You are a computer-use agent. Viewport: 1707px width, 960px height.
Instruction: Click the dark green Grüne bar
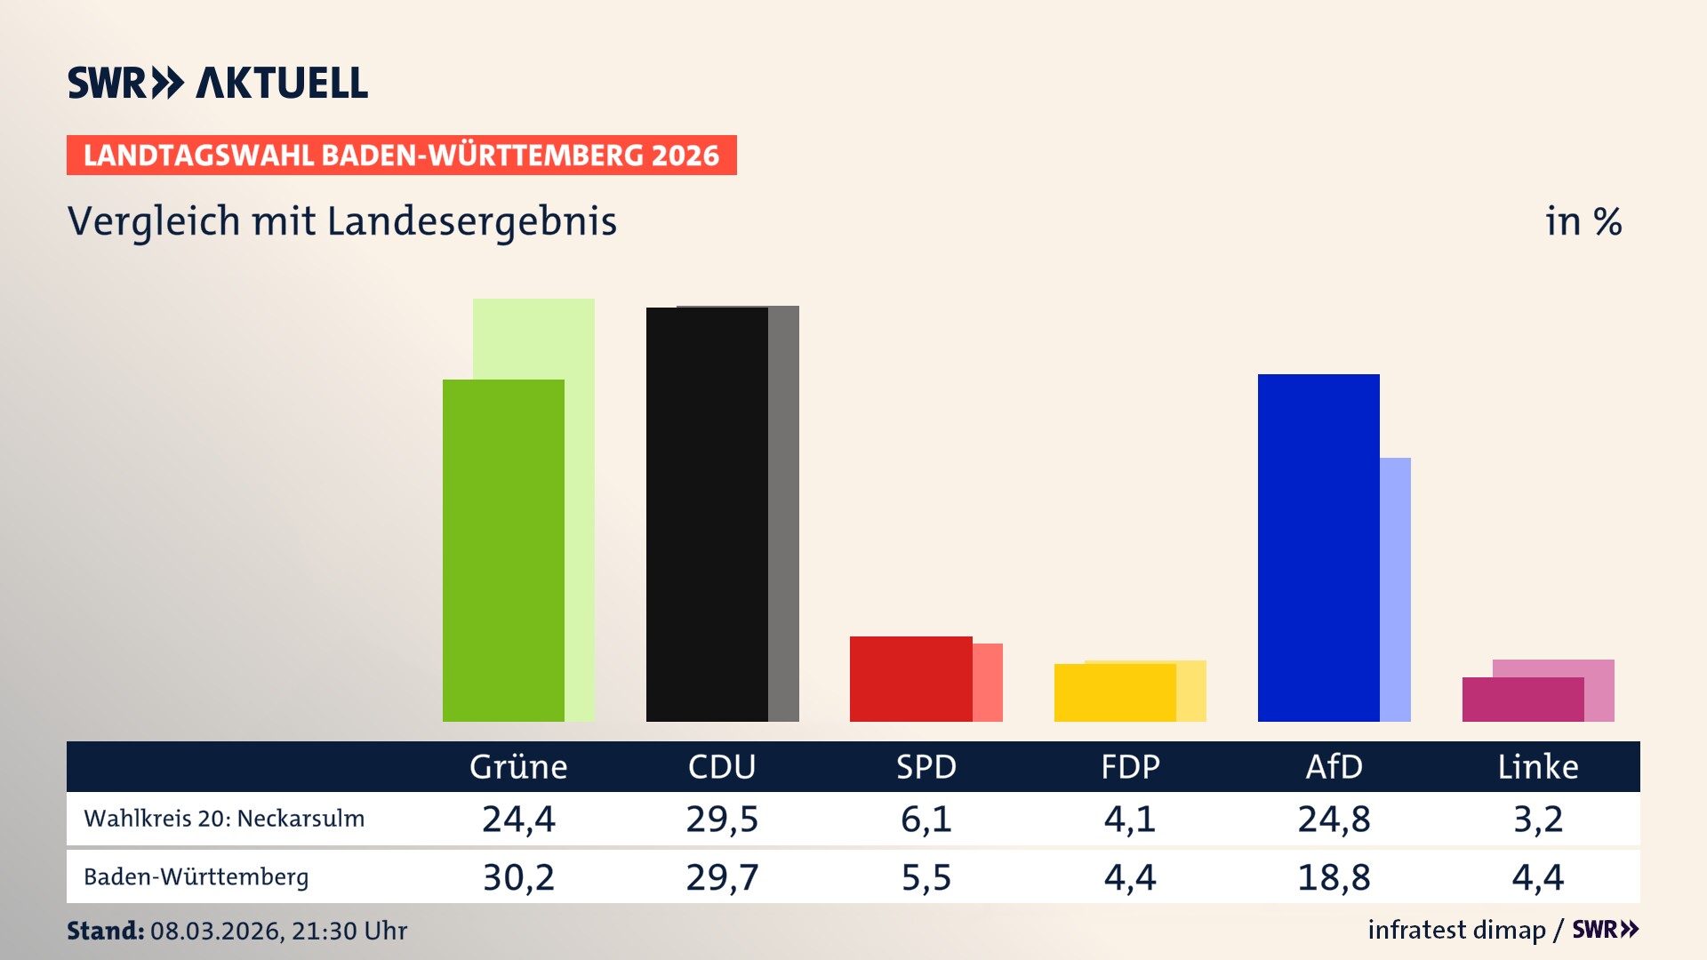[503, 551]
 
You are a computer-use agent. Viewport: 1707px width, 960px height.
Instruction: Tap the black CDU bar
[707, 516]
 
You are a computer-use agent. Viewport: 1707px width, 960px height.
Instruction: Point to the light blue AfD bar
[1395, 587]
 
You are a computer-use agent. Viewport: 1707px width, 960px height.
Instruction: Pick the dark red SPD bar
[910, 679]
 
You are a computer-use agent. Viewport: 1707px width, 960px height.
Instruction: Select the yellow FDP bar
[1115, 693]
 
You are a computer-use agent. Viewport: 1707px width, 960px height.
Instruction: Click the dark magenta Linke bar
[1522, 700]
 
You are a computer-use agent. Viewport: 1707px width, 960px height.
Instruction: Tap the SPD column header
[926, 766]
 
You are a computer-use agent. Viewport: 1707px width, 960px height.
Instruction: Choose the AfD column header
[1334, 766]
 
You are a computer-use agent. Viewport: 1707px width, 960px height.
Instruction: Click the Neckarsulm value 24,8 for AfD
[1334, 819]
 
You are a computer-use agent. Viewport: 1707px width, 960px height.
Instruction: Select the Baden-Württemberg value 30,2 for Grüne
[518, 877]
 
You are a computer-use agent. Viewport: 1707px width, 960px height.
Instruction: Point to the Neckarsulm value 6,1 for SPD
[926, 819]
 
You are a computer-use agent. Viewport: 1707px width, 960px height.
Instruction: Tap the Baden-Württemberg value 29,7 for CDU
[722, 877]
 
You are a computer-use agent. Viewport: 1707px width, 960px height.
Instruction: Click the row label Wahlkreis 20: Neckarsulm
[224, 819]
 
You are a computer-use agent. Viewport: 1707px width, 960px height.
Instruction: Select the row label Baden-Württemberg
[196, 877]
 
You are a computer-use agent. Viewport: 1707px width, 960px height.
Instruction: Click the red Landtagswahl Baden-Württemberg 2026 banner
[401, 156]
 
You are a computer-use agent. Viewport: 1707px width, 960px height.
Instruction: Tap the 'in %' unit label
[1583, 221]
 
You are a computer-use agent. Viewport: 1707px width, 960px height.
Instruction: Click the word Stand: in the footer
[105, 931]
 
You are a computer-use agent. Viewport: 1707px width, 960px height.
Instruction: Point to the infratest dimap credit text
[1456, 930]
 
